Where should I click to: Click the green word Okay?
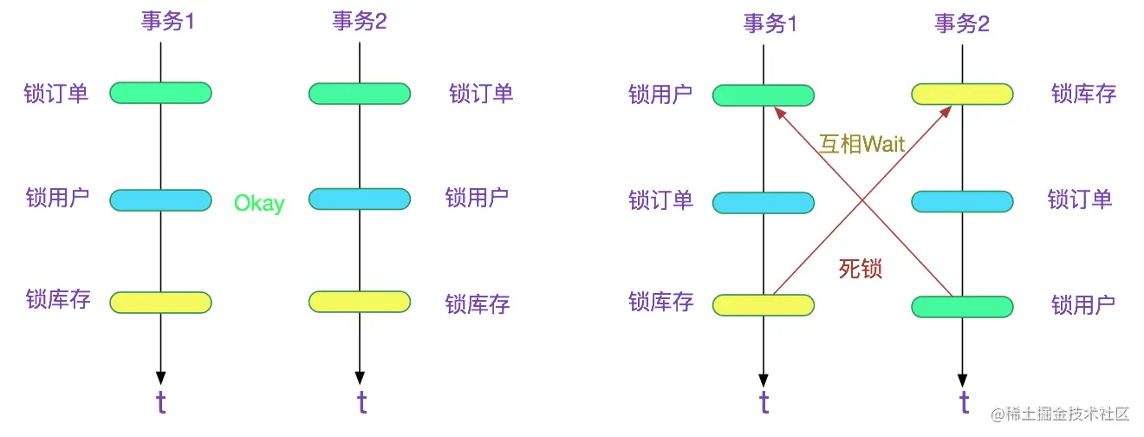[x=259, y=204]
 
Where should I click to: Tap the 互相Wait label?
[x=861, y=144]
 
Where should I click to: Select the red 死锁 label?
[x=861, y=268]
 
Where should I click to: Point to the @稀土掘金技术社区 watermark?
[x=1060, y=414]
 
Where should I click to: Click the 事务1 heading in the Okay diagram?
[x=168, y=21]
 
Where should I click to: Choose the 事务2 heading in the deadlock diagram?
[x=962, y=23]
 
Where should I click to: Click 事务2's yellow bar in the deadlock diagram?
[x=962, y=95]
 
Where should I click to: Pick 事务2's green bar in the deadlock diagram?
[x=962, y=307]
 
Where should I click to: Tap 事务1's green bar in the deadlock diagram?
[x=763, y=95]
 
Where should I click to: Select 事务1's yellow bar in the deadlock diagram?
[x=763, y=305]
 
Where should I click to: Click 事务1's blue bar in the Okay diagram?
[x=160, y=200]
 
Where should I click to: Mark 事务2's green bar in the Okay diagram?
[x=360, y=94]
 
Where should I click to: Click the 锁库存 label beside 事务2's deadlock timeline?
[x=1083, y=94]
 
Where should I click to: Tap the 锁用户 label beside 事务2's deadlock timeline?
[x=1083, y=305]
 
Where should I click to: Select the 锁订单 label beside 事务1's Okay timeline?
[x=56, y=94]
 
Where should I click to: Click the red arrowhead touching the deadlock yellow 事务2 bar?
[x=946, y=111]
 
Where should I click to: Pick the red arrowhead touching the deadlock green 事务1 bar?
[x=779, y=113]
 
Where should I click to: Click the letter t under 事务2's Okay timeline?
[x=361, y=401]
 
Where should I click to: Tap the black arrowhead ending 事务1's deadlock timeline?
[x=763, y=381]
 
